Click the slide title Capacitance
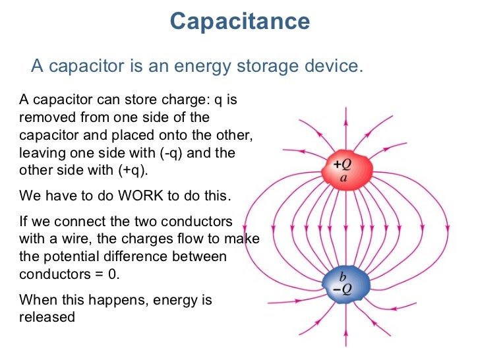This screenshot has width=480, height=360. (x=239, y=22)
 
